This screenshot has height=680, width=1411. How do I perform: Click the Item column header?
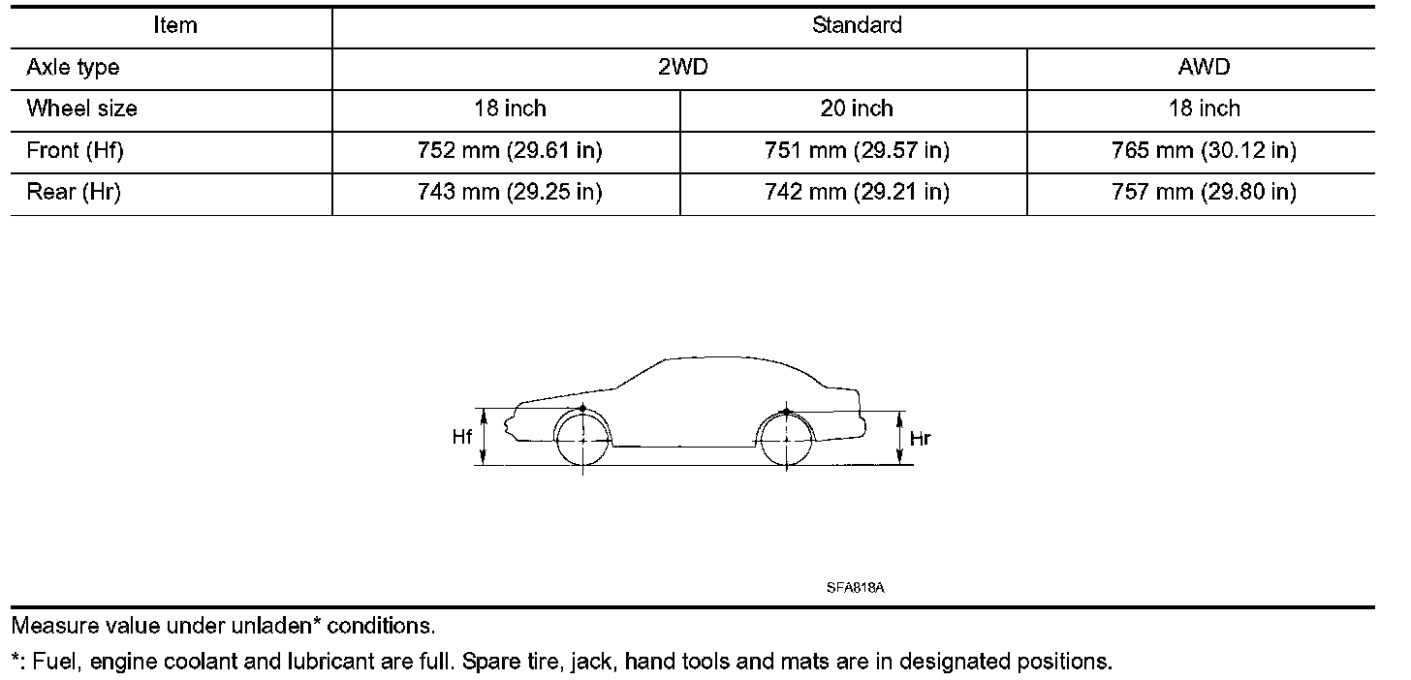coord(175,25)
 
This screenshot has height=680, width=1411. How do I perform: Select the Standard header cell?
coord(857,25)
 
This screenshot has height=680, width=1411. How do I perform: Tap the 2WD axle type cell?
coord(683,67)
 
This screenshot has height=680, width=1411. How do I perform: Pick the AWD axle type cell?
coord(1204,67)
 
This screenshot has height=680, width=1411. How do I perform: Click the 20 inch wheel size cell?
coord(857,108)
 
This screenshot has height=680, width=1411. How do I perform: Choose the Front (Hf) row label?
coord(75,150)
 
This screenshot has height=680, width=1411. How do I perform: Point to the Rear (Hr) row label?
coord(73,192)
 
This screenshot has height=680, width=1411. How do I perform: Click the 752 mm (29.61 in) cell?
coord(510,150)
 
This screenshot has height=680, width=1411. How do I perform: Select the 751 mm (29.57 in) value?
coord(857,150)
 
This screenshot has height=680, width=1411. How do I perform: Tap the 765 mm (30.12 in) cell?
coord(1204,150)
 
